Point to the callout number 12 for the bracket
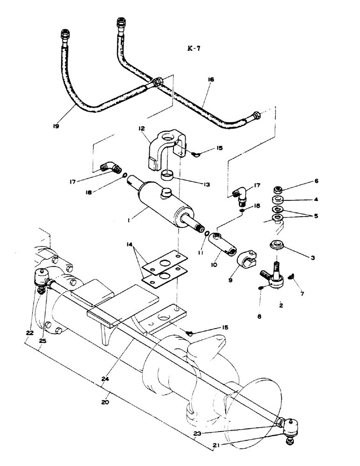tap(142, 128)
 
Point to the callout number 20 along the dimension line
tap(105, 401)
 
